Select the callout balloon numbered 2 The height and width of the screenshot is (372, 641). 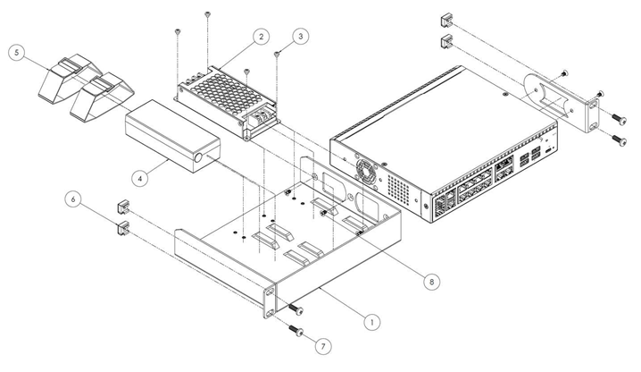[260, 37]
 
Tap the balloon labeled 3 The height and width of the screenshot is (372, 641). [301, 37]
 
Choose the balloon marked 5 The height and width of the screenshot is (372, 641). [16, 53]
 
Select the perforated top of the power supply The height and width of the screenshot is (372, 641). [228, 92]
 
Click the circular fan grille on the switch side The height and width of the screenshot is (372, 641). [367, 169]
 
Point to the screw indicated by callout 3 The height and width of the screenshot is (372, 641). [278, 55]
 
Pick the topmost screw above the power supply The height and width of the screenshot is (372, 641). [207, 14]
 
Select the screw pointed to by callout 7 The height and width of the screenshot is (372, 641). [298, 333]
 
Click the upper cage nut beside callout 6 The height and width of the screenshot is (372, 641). [122, 208]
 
